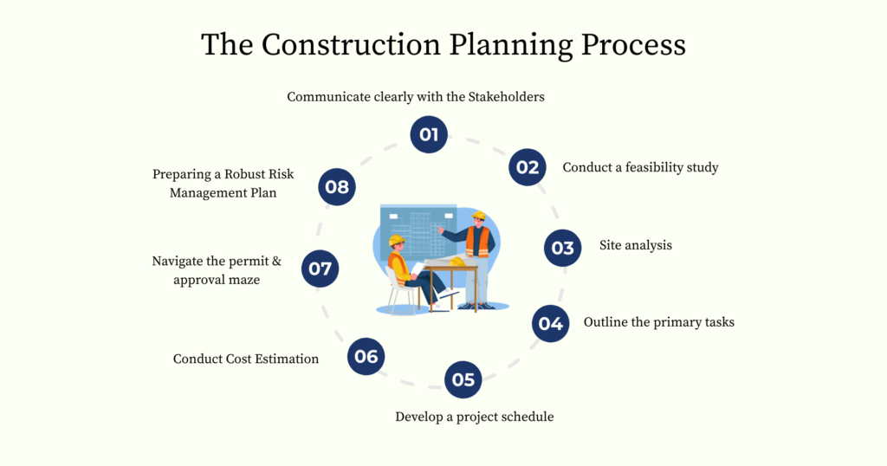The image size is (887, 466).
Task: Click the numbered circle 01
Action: point(429,134)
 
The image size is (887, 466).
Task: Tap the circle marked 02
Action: point(528,167)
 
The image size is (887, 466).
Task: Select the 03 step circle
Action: point(563,248)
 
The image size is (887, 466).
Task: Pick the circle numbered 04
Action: point(551,324)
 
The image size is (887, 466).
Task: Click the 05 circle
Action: point(463,379)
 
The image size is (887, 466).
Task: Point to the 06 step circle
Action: point(366,356)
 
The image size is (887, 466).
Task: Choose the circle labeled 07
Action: point(320,269)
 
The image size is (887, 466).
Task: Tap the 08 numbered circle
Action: point(337,186)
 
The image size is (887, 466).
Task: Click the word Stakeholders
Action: point(506,97)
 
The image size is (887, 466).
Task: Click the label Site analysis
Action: point(636,245)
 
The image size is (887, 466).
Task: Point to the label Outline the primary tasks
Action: point(658,322)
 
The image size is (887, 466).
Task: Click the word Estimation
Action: point(284,359)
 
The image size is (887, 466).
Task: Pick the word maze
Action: point(243,280)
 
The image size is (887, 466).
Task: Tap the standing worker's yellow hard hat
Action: point(478,215)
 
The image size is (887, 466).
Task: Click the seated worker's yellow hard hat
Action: point(396,241)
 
